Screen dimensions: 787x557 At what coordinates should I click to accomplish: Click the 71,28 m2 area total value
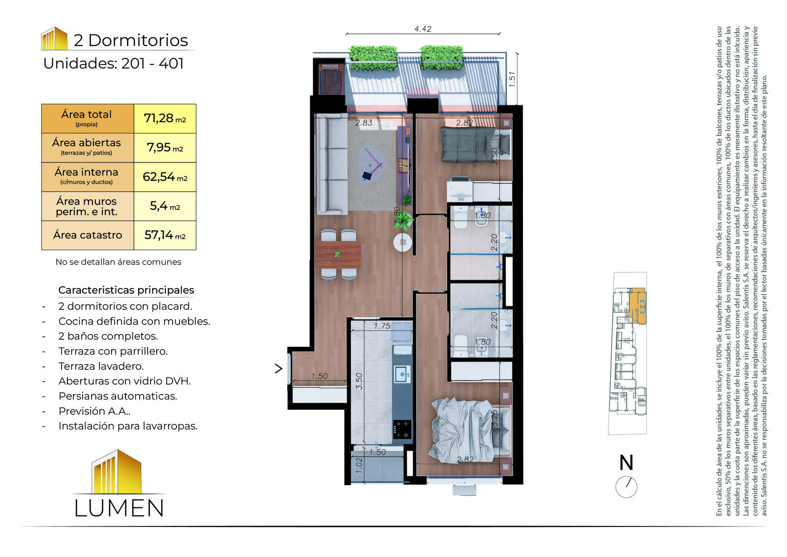tap(165, 118)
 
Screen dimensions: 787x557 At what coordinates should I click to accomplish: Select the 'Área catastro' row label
tap(88, 235)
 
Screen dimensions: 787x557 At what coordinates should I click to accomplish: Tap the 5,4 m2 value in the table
tap(165, 206)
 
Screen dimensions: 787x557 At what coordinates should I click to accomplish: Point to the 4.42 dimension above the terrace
tap(423, 29)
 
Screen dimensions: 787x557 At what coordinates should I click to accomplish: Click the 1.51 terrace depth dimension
tap(512, 79)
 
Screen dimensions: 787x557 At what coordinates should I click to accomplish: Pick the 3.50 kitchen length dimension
tap(359, 381)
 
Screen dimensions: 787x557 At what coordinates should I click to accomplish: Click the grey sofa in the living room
tap(332, 164)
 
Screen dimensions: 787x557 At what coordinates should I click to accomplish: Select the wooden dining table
tap(338, 255)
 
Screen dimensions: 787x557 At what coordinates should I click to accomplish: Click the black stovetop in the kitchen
tap(402, 429)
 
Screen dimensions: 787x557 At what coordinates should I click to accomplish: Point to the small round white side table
tap(403, 242)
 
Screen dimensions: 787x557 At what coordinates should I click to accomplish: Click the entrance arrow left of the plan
tap(278, 368)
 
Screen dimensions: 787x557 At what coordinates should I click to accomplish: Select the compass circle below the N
tap(626, 487)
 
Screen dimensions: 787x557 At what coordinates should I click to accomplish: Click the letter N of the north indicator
tap(626, 462)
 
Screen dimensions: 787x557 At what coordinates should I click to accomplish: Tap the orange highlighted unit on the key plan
tap(637, 305)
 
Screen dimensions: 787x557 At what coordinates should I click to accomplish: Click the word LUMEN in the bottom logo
tap(119, 508)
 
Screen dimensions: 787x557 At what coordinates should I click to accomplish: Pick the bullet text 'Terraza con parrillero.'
tap(113, 351)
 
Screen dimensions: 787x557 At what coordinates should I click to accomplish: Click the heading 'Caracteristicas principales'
tap(126, 290)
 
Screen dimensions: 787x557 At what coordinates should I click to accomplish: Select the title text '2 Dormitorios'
tap(131, 40)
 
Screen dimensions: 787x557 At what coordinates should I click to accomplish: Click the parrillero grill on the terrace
tap(331, 79)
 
